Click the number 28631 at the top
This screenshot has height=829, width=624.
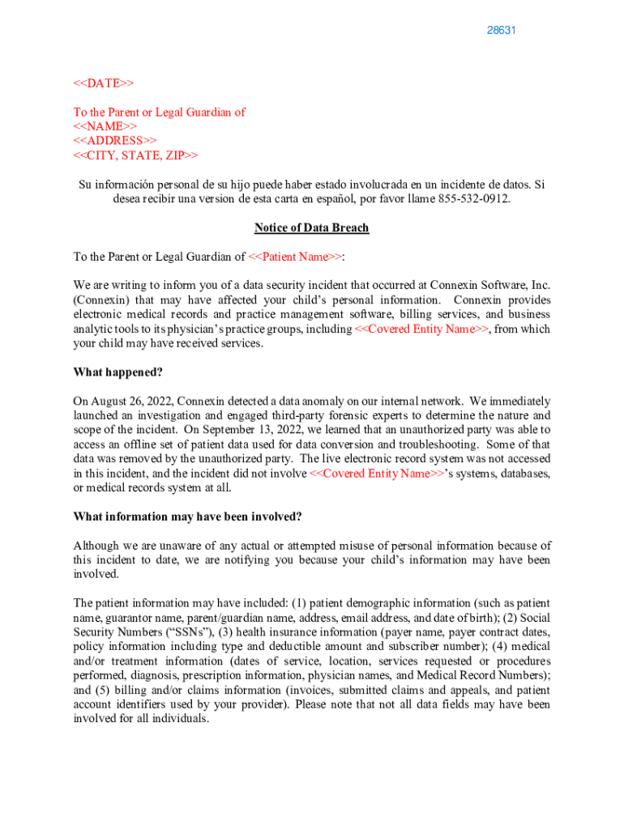(x=502, y=31)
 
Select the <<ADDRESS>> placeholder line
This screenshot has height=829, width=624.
(x=115, y=141)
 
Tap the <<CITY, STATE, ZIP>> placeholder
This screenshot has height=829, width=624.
(x=135, y=155)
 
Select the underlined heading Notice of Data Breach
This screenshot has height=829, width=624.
(x=311, y=228)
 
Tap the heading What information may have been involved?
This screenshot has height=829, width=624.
(x=188, y=517)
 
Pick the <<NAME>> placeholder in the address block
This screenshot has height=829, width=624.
(x=105, y=126)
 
